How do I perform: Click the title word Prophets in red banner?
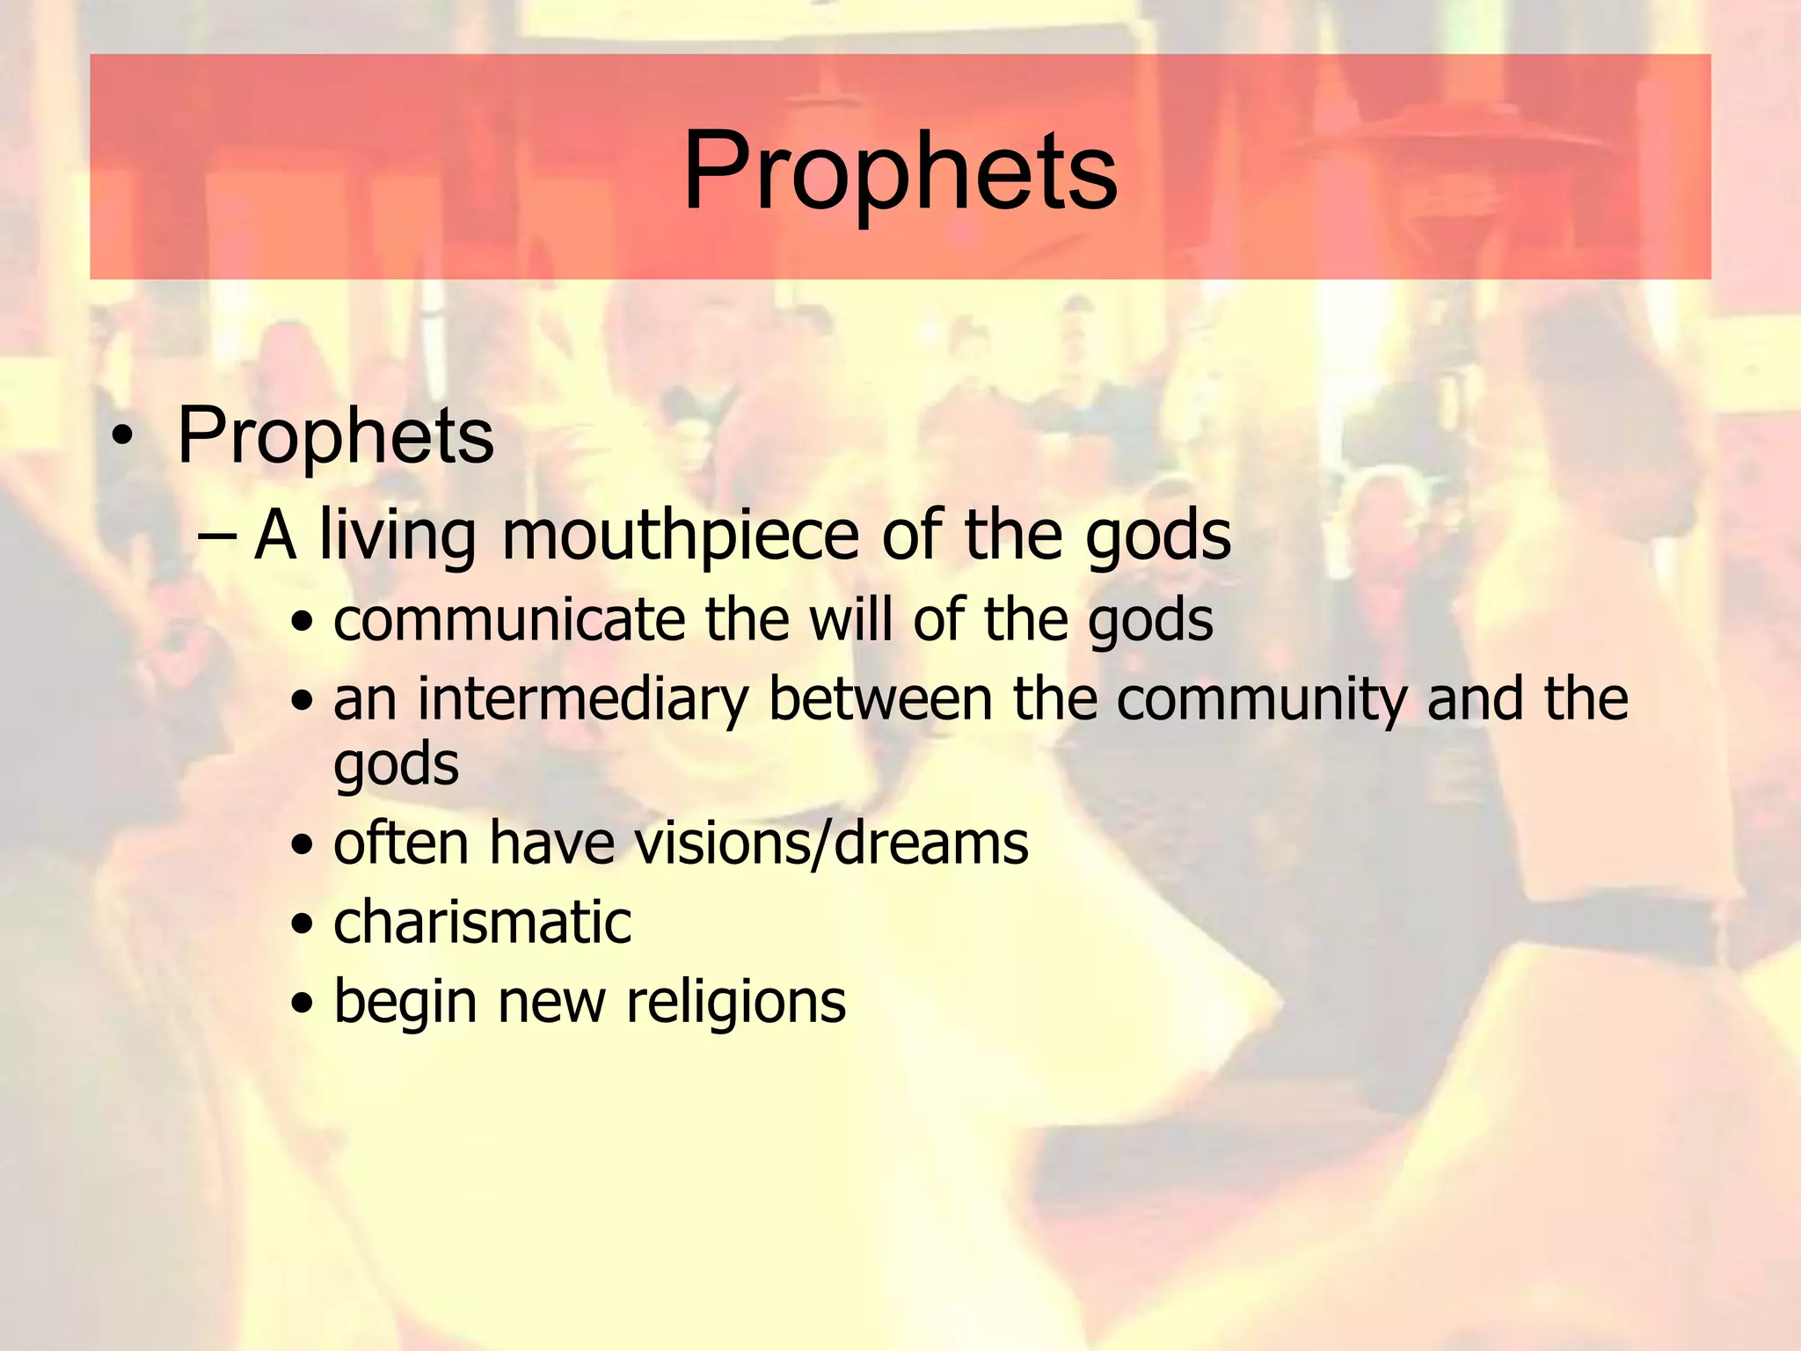(900, 172)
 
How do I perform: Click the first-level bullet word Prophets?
(335, 436)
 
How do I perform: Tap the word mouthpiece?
(680, 536)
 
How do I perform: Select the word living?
(397, 536)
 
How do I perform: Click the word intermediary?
(582, 699)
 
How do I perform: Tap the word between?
(880, 699)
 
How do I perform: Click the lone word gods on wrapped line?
(396, 764)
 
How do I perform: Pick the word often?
(401, 843)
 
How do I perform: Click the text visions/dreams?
(831, 843)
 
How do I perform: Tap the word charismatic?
(482, 923)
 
